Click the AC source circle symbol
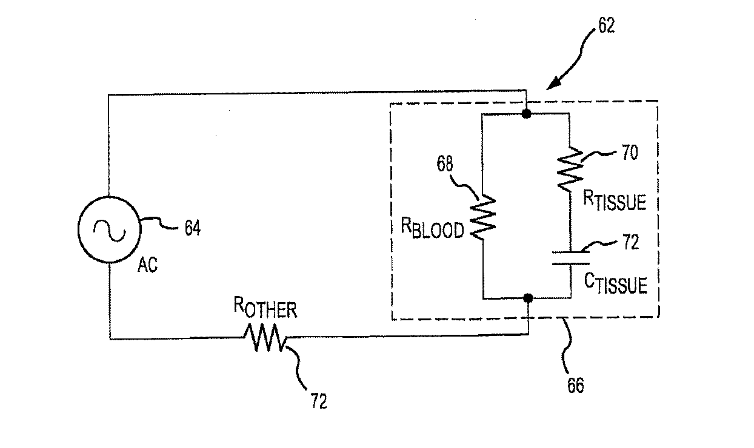click(109, 230)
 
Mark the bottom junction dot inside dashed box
click(528, 298)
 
